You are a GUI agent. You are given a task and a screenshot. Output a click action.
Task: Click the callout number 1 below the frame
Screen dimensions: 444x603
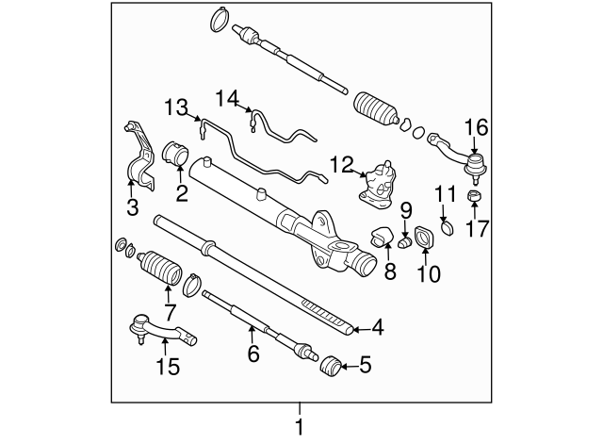301,426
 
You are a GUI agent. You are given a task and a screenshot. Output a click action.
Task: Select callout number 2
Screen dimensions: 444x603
182,194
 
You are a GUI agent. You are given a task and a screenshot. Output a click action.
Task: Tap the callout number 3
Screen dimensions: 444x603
132,206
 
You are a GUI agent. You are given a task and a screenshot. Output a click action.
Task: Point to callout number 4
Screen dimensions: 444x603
377,328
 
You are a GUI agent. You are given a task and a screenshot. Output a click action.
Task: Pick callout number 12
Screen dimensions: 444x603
341,166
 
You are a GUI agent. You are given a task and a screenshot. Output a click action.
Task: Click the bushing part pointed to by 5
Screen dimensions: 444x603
331,365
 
